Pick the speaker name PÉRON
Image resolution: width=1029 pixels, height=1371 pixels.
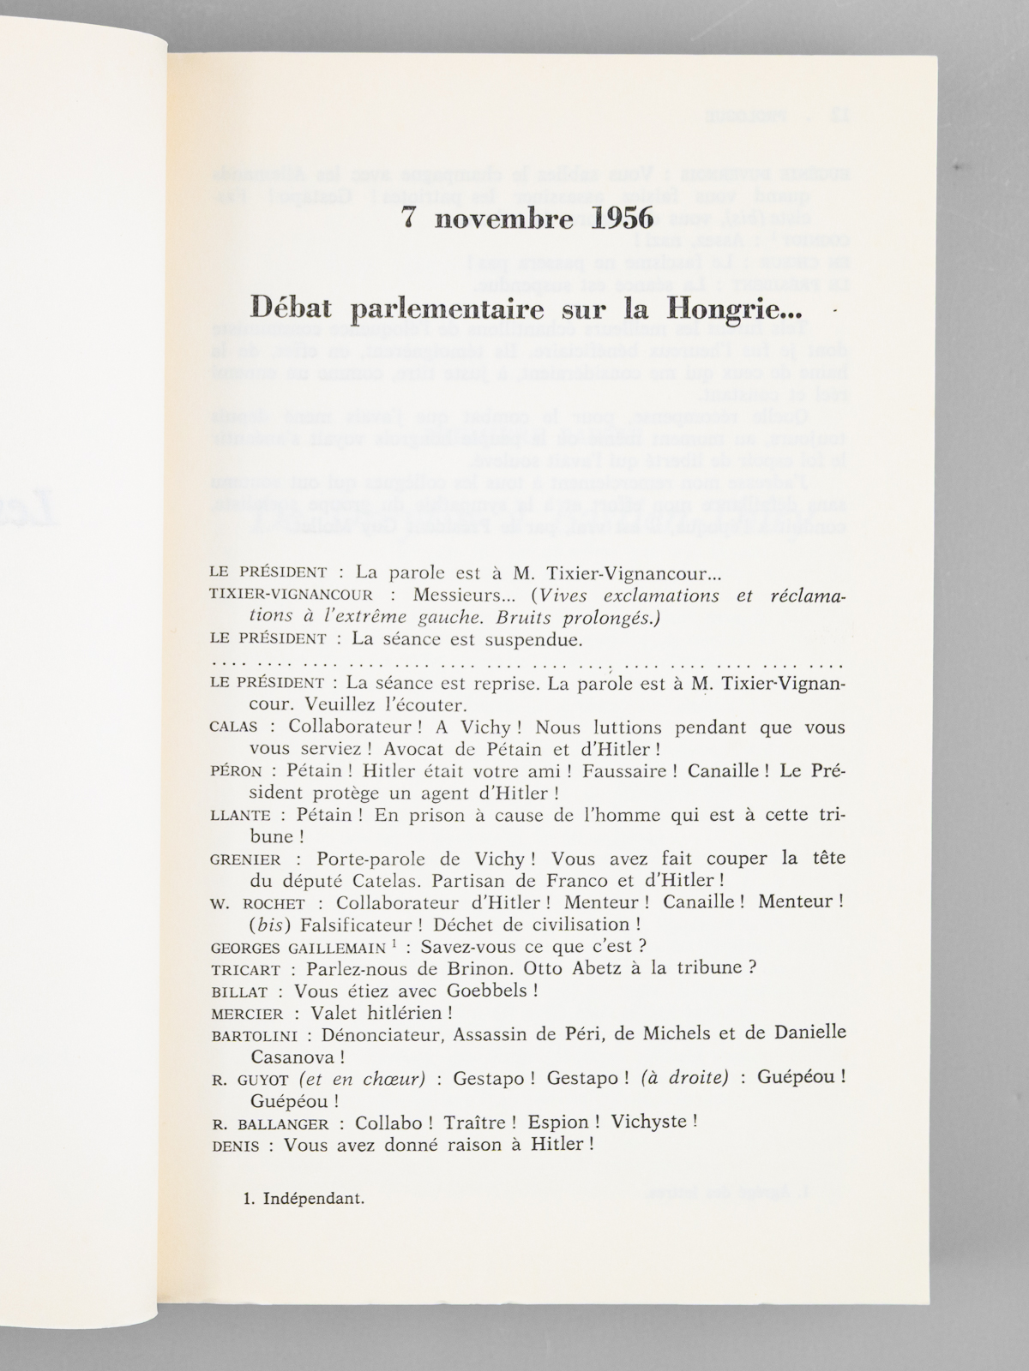232,770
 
